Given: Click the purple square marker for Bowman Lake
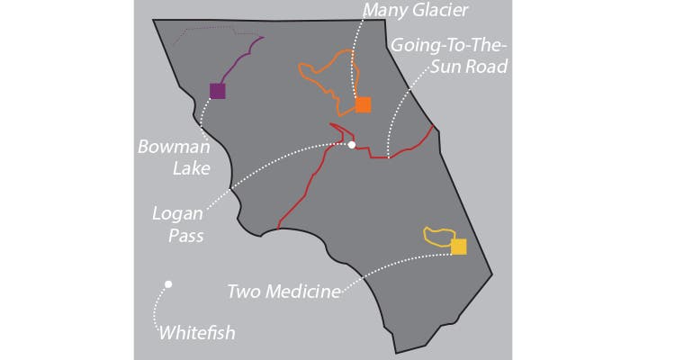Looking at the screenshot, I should (217, 90).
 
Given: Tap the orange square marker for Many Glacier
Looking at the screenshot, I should (363, 104).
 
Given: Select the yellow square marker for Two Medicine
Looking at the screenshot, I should (459, 247).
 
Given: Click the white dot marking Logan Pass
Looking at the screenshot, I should (352, 144).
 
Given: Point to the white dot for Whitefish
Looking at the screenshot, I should (167, 284).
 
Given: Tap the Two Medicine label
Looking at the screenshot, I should (283, 291).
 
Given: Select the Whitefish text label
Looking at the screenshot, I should (196, 332).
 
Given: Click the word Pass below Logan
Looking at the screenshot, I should (184, 237).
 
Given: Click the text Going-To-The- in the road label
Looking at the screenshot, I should (447, 45).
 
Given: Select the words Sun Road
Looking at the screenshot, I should (466, 67).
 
